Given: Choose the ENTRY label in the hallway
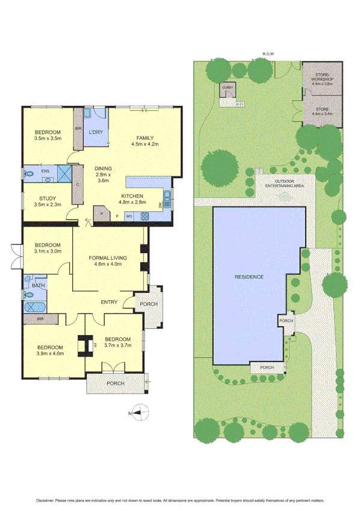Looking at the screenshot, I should tap(110, 302).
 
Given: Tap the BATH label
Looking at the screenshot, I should tap(38, 286).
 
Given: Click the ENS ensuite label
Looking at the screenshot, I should tap(44, 171).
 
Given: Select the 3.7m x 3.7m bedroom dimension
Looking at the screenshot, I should tap(117, 345).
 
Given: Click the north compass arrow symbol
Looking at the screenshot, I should tap(141, 412).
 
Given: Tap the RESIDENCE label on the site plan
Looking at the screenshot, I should tap(249, 278).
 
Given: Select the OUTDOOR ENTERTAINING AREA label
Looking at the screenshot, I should tap(289, 183).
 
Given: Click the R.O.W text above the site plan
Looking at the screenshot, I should tap(268, 55).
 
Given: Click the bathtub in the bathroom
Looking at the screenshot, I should tap(37, 306).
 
